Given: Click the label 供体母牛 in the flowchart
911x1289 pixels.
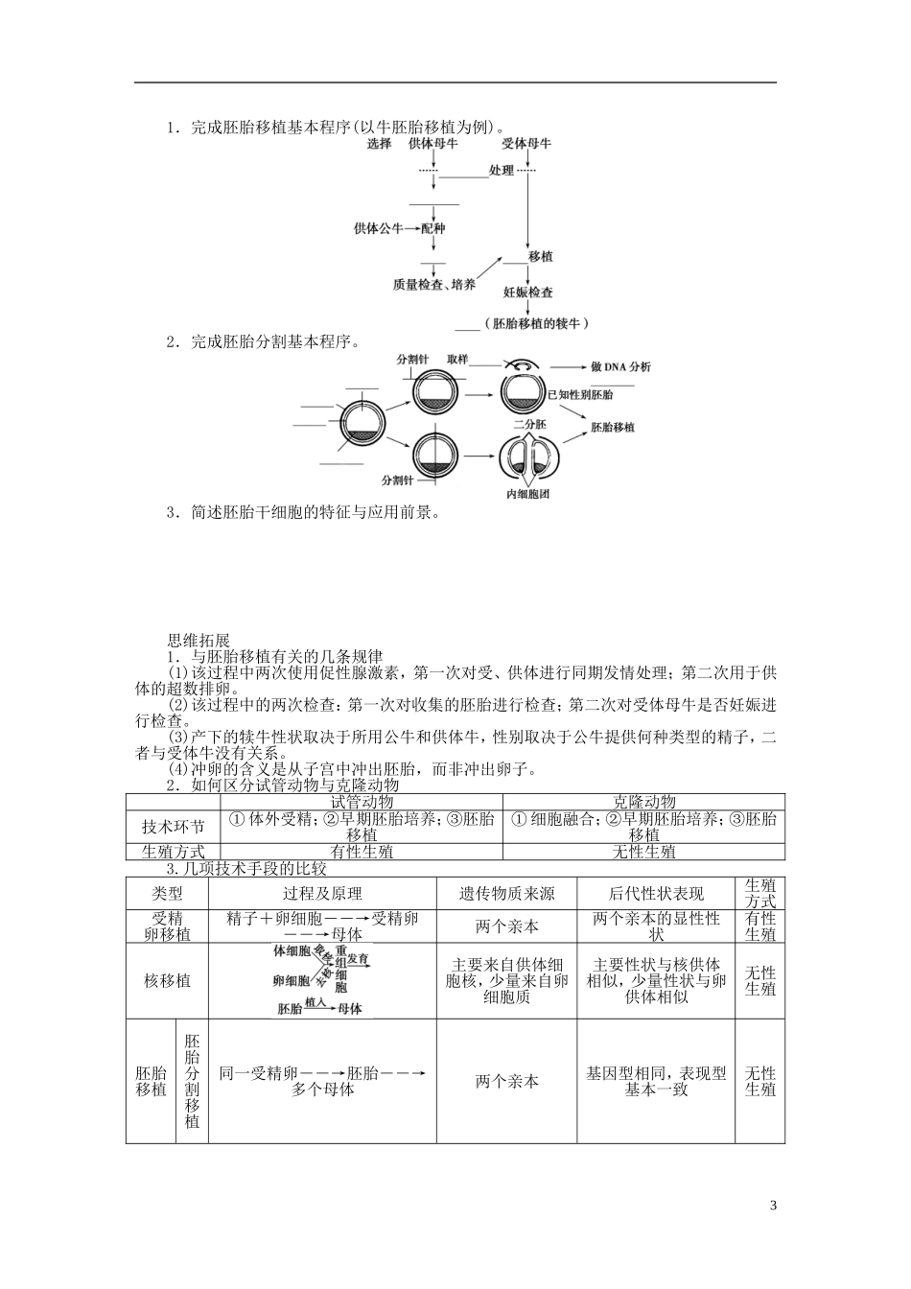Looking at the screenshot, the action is (x=432, y=143).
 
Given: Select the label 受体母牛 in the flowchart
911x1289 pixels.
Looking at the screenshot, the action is (x=526, y=143).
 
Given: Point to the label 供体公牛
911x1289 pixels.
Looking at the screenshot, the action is (x=378, y=229).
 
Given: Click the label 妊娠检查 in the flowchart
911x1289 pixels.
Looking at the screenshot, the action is (x=527, y=292).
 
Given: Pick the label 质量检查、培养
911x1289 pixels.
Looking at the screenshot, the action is (x=434, y=284).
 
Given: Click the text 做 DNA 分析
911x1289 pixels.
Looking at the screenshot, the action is (x=620, y=366).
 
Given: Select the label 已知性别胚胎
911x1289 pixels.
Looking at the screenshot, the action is (x=580, y=394).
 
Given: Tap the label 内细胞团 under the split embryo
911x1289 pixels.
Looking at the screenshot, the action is (x=528, y=495).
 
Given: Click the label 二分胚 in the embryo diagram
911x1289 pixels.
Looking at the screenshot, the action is (x=528, y=424).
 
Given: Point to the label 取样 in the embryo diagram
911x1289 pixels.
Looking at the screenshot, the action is (x=456, y=359).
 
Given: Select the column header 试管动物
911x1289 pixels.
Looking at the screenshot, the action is (x=361, y=802).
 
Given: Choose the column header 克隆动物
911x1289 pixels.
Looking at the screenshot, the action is (x=643, y=802).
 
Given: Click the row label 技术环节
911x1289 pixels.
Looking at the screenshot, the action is (x=173, y=827).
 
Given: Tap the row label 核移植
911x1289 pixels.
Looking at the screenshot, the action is (x=167, y=980).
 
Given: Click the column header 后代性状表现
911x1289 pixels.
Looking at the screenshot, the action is (x=656, y=893).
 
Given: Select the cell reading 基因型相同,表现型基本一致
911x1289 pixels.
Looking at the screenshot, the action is (x=656, y=1082).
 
